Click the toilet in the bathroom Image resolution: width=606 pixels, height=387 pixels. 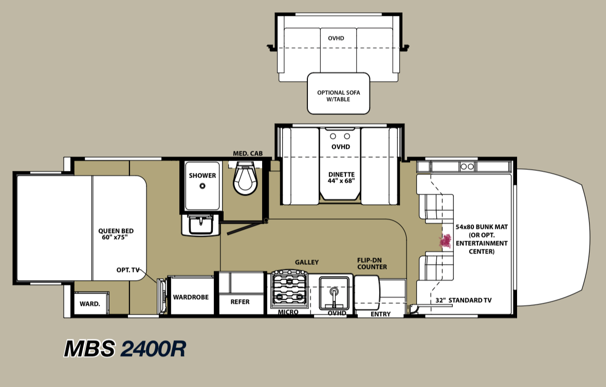[x=245, y=178]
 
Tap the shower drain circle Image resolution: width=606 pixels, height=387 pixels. [x=202, y=186]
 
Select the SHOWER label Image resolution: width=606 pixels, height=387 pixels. [x=202, y=176]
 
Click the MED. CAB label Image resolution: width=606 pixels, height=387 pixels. [x=248, y=153]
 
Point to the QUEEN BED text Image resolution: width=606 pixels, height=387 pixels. [x=116, y=231]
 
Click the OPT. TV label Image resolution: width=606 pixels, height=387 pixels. [x=127, y=270]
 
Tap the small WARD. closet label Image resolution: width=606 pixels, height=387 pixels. [x=89, y=304]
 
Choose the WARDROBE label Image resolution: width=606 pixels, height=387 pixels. [x=191, y=297]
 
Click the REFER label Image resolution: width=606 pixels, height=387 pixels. [x=240, y=302]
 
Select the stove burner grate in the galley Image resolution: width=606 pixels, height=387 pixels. [x=290, y=288]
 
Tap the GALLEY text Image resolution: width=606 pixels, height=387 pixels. [x=307, y=262]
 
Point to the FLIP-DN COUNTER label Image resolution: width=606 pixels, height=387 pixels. [x=372, y=263]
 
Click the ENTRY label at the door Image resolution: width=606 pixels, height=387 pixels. [x=381, y=314]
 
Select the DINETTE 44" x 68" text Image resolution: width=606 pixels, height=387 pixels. [x=341, y=178]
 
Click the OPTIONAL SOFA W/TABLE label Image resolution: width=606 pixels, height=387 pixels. [x=339, y=95]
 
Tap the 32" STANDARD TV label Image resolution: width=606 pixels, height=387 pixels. [x=464, y=300]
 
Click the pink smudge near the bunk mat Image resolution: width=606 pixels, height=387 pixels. [x=446, y=241]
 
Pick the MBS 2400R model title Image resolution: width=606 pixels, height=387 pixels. [x=125, y=349]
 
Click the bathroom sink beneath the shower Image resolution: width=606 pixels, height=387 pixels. [x=200, y=225]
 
